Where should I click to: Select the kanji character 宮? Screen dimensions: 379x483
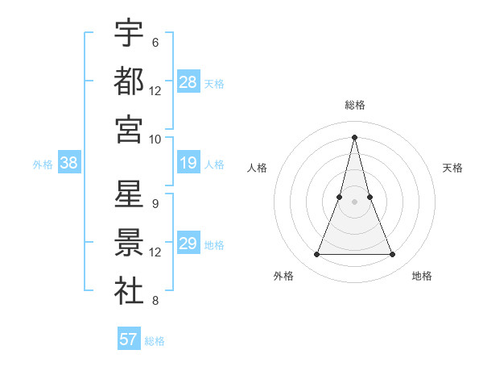(129, 129)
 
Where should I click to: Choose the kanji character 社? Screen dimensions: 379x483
(129, 291)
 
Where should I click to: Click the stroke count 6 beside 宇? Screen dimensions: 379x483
(155, 42)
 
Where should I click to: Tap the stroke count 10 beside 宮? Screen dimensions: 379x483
(155, 139)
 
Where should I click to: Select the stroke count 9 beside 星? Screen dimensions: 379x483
(155, 204)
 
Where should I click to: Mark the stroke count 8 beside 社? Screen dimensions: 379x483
(155, 302)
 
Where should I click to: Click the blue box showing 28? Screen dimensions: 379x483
(188, 81)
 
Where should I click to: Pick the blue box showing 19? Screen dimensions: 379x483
(188, 163)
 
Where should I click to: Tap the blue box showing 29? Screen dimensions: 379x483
(188, 244)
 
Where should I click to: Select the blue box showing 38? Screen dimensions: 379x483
(68, 163)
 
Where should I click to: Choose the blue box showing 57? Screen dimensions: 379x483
(129, 339)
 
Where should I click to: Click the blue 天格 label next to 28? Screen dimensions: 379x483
(214, 82)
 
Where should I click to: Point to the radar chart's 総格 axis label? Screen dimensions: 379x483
(355, 105)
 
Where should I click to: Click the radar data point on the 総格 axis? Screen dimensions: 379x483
(355, 136)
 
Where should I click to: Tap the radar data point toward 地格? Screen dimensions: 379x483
(393, 255)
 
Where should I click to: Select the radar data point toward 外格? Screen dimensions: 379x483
(316, 255)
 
